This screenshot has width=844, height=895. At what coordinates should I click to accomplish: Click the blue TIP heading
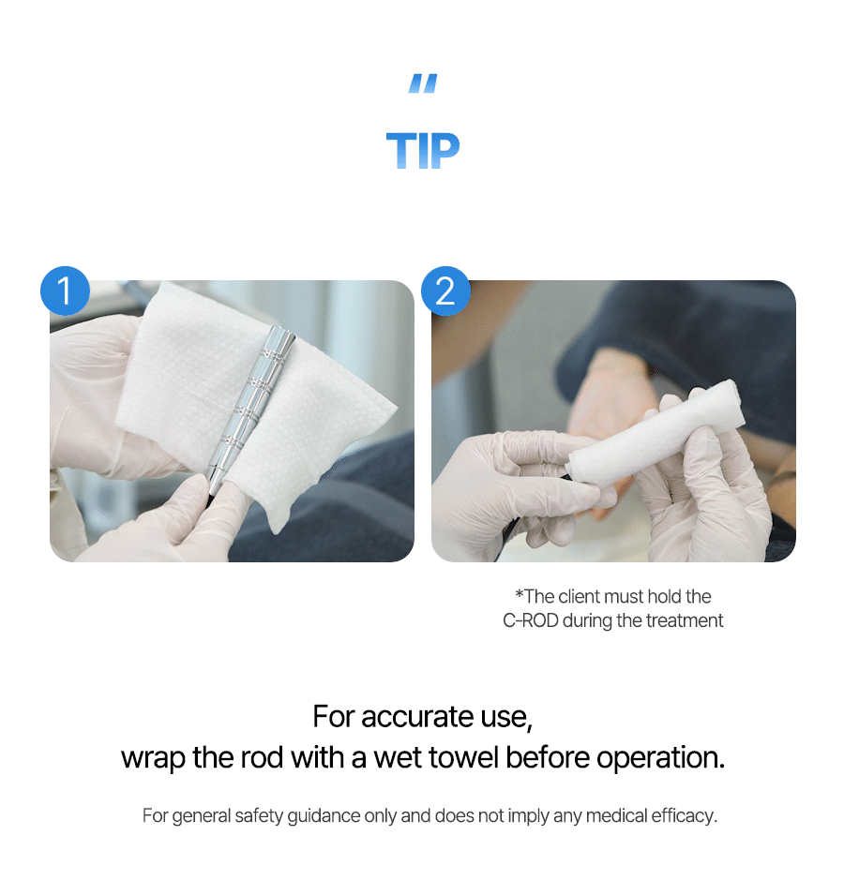(423, 150)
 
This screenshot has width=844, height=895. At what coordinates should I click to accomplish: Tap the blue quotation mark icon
(423, 83)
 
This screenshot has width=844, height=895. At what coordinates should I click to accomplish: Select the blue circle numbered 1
(65, 291)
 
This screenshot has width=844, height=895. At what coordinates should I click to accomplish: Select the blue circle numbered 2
(445, 291)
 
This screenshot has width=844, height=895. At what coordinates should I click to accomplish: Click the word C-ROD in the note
(530, 620)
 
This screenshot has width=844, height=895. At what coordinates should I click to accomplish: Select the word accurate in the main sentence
(417, 717)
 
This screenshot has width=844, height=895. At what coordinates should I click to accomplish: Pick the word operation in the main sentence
(661, 759)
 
